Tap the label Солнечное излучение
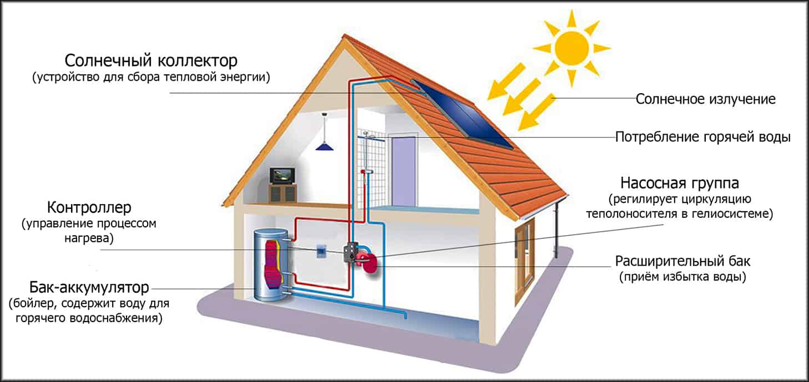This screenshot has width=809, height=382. coord(705,100)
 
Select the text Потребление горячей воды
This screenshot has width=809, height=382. coord(702,137)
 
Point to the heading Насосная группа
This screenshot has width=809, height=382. coord(680,182)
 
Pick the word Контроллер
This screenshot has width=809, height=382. coord(89,208)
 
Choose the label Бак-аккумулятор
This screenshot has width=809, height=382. coord(89,288)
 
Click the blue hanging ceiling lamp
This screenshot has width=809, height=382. coord(323,146)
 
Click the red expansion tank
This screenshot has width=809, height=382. coord(368,262)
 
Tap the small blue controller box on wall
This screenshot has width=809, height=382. coord(321,251)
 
